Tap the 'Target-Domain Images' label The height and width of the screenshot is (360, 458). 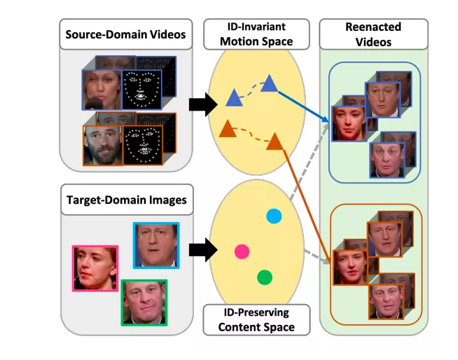[x=127, y=200]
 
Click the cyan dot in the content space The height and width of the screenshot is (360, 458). [x=274, y=216]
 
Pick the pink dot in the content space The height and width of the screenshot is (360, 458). [x=242, y=251]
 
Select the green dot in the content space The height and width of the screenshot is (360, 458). [x=264, y=277]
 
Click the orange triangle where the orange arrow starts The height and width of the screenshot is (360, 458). [x=275, y=142]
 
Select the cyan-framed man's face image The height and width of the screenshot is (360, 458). [x=155, y=245]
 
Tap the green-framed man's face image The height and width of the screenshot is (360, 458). [x=144, y=301]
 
